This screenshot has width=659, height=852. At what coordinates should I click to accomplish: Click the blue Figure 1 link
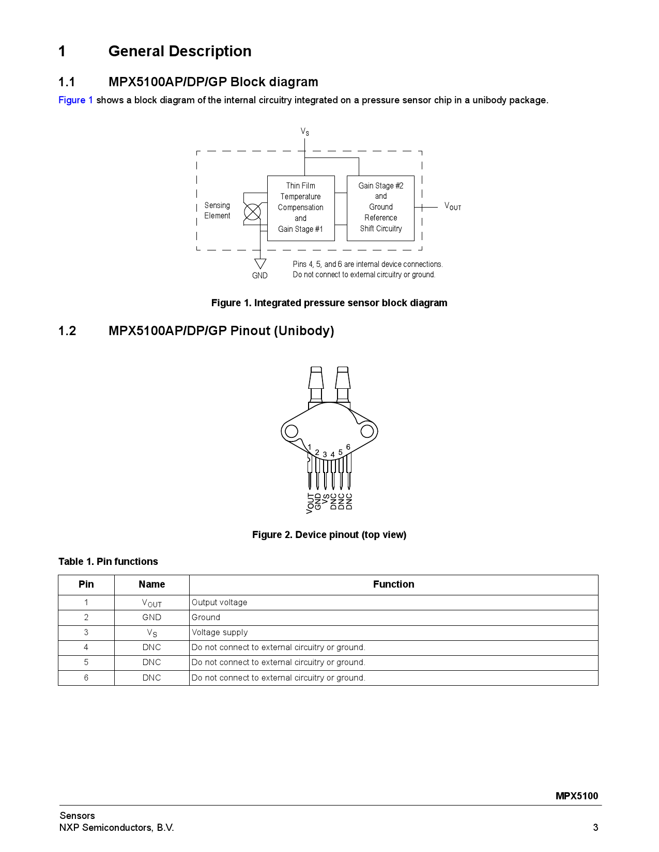[75, 100]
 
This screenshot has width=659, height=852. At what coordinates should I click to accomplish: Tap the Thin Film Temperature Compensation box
[300, 208]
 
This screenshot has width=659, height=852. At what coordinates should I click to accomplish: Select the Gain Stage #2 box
[380, 208]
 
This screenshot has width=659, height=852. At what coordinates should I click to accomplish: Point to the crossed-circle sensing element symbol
[252, 212]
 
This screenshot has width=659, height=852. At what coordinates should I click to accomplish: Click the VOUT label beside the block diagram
[452, 207]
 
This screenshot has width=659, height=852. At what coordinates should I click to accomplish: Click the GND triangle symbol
[260, 264]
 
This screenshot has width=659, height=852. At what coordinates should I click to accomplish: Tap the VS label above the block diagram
[305, 132]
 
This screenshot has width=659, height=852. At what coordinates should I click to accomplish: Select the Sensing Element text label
[217, 211]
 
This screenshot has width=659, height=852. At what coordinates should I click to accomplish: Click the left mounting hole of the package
[292, 431]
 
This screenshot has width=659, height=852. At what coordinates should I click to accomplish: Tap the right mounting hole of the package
[367, 431]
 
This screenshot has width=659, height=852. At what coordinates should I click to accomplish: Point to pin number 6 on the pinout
[348, 447]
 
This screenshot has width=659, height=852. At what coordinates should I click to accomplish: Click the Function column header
[393, 585]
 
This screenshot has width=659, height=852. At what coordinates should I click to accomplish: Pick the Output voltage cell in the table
[220, 603]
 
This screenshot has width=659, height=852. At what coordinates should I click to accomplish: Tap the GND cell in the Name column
[151, 618]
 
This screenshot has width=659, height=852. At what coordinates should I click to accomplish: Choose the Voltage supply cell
[220, 633]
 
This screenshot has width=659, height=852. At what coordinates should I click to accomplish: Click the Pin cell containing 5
[86, 662]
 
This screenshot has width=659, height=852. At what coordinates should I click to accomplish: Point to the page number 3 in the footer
[595, 828]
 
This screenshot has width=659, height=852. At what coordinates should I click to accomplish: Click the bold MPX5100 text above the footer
[576, 796]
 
